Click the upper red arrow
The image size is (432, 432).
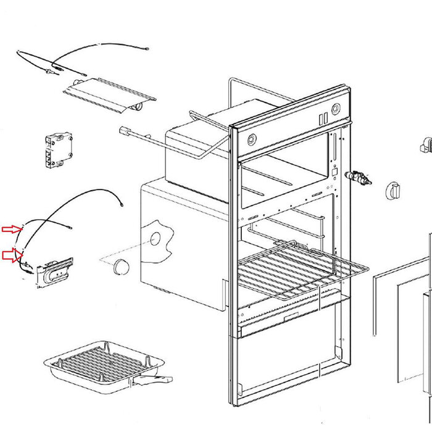(12, 229)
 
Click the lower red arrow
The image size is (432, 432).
(12, 254)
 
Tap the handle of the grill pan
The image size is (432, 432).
(156, 378)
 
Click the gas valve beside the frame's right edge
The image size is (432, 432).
(359, 178)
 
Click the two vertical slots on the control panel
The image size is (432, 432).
(323, 117)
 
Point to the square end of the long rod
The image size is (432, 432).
(122, 131)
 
